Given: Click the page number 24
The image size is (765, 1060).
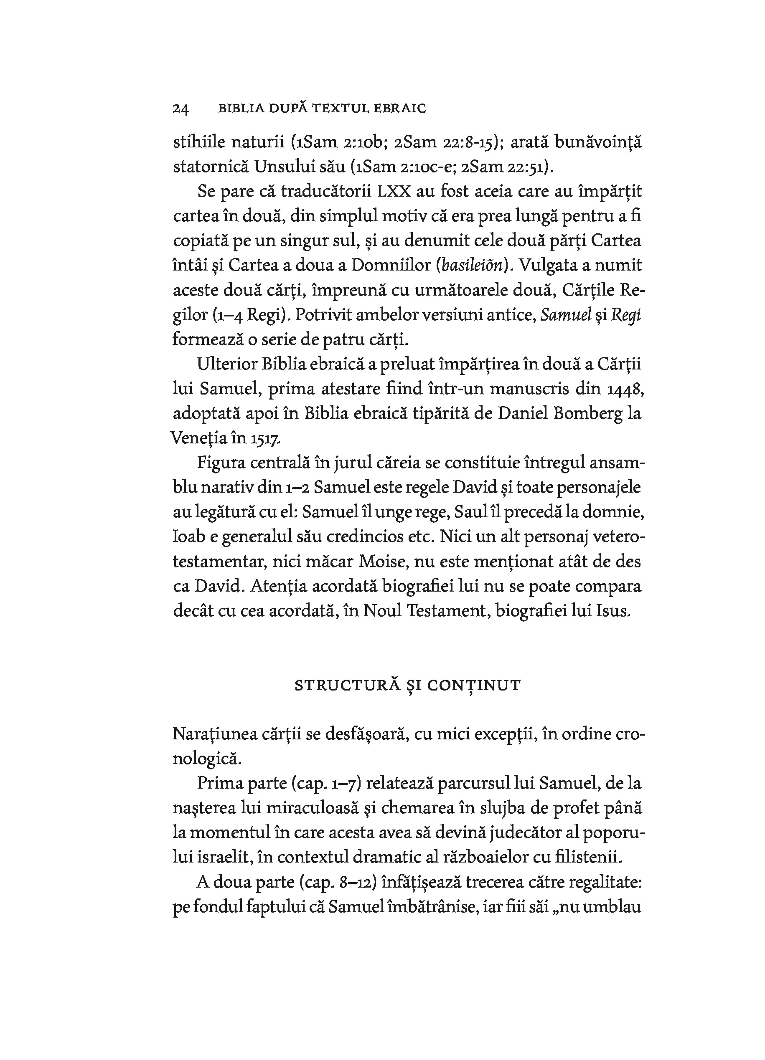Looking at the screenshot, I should tap(180, 109).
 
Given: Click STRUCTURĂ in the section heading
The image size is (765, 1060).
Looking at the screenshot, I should tap(346, 686).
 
